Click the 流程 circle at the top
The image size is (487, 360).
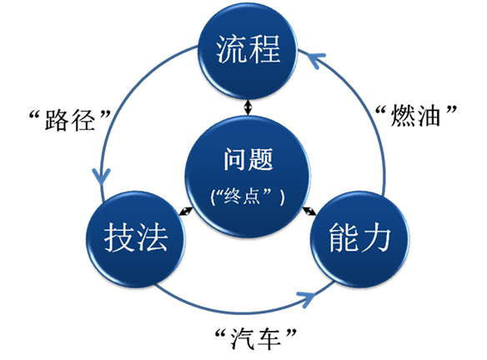pos(248,51)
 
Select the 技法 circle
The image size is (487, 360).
pos(136,239)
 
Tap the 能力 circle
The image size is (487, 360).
pos(359,239)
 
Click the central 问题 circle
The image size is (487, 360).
pos(248,177)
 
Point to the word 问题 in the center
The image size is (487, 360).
pos(249,159)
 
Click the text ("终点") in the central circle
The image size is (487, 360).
pos(248,197)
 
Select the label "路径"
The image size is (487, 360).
pos(70,119)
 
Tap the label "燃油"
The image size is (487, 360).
pos(416,116)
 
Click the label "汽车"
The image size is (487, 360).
pos(256,338)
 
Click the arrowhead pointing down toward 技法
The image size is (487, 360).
pos(101,177)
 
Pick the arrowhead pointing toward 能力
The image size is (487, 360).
pos(307,298)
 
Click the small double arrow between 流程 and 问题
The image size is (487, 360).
pos(248,107)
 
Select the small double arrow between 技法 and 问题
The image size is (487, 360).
pos(186,211)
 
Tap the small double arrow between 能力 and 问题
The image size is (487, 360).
pos(309,211)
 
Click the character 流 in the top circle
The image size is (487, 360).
pos(231,49)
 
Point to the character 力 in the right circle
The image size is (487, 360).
pos(375,237)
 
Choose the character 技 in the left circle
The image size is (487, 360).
pos(119,237)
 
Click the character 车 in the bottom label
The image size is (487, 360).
pos(269,339)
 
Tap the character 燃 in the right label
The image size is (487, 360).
pos(403,116)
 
